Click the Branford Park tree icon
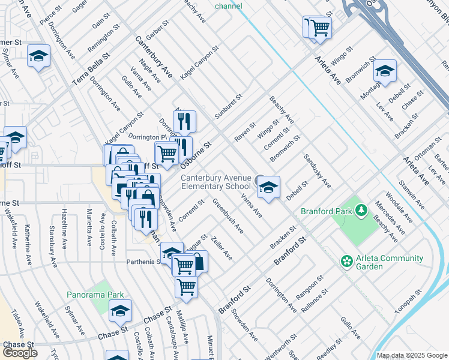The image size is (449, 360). click(x=361, y=211)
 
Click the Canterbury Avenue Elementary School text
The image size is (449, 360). click(x=216, y=182)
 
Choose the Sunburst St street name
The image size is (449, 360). click(x=228, y=107)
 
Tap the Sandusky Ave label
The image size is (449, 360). click(x=316, y=170)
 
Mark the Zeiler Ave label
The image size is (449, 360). click(x=221, y=247)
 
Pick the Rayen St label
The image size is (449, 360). click(x=245, y=131)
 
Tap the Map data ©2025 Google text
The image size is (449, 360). click(x=411, y=355)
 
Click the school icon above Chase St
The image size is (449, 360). click(x=120, y=310)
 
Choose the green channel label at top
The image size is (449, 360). click(x=229, y=7)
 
